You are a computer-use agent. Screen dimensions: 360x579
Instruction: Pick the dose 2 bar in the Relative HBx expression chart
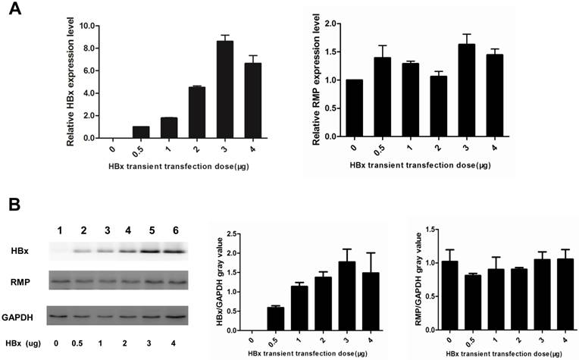pyautogui.click(x=196, y=112)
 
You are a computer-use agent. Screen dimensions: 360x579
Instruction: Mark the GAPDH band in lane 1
pyautogui.click(x=61, y=313)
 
